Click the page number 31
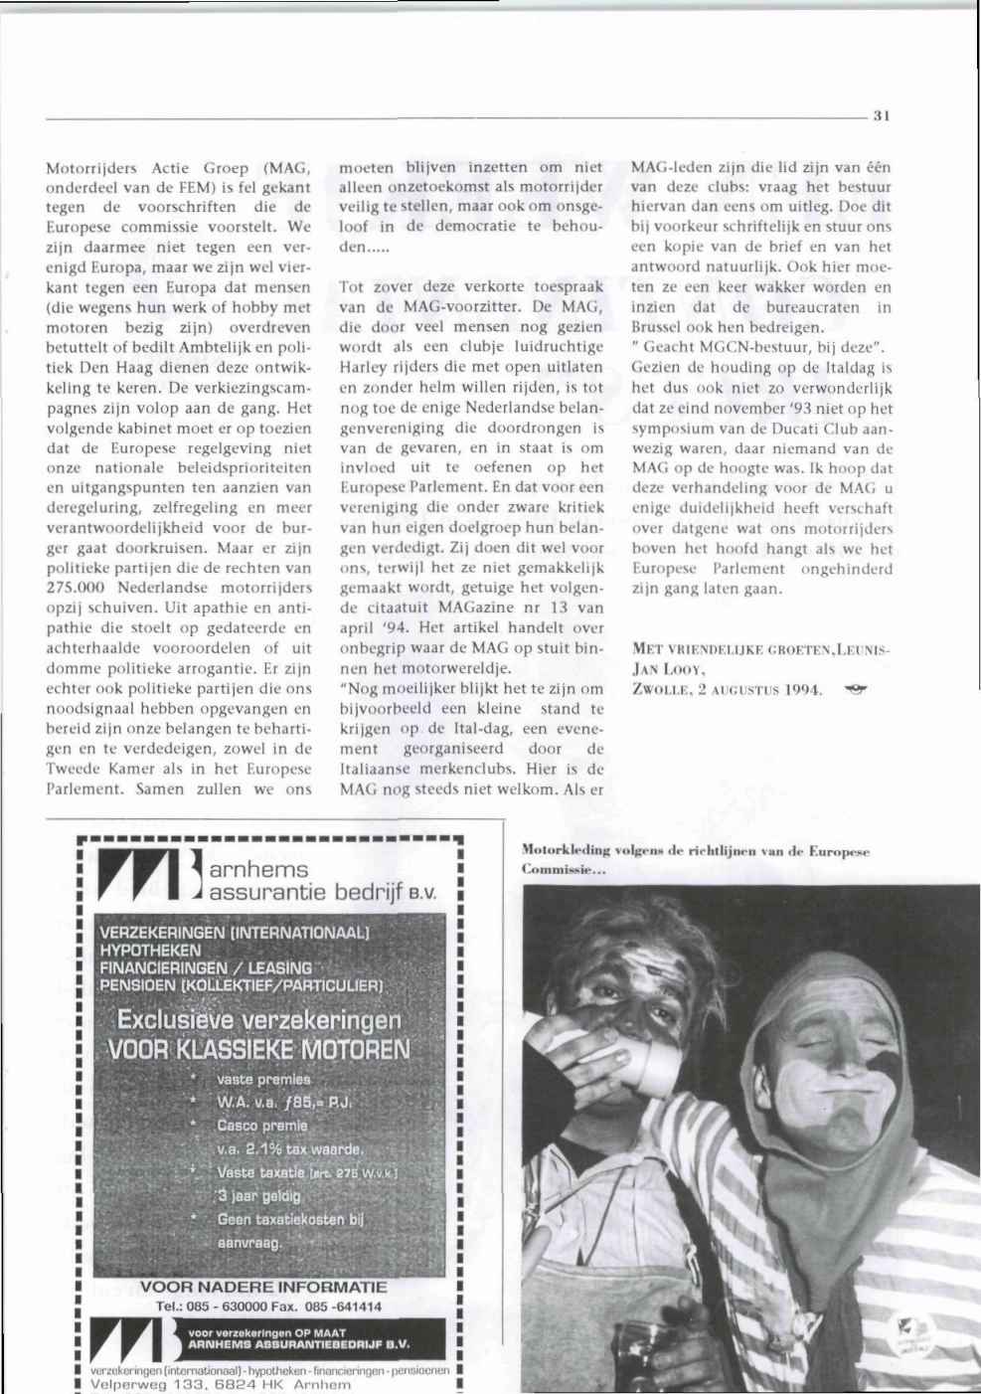[880, 116]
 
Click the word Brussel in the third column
[661, 326]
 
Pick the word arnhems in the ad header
[259, 872]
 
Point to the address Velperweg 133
[147, 1384]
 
